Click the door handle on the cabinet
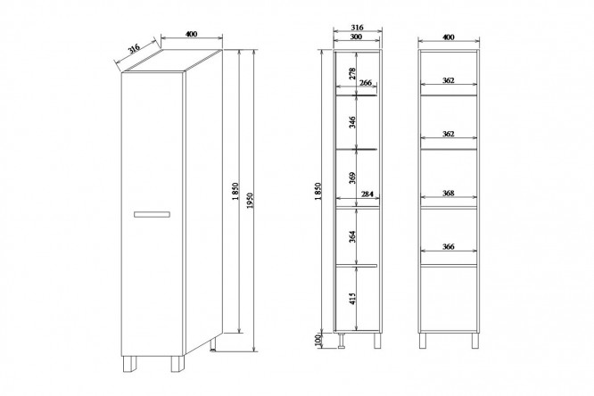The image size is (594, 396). tap(152, 214)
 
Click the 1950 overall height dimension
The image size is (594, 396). tap(250, 201)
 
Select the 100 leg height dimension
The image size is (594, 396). tap(318, 341)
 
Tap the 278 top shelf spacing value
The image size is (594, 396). tap(352, 73)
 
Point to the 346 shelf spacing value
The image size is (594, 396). tap(352, 122)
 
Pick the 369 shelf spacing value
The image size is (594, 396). tap(352, 177)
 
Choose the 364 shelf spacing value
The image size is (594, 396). tap(352, 236)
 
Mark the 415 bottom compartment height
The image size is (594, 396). tap(352, 299)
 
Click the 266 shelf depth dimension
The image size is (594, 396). tap(366, 82)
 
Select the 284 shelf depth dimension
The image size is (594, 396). tap(367, 194)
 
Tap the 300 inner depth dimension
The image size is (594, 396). tap(356, 37)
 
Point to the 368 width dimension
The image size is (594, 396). tap(448, 193)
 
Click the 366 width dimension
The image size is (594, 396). tap(448, 247)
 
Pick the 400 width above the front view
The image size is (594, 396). tap(448, 37)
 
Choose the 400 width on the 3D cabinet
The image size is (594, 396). tap(192, 34)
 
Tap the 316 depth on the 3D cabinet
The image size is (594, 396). tap(134, 48)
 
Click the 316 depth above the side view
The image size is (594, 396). tap(358, 28)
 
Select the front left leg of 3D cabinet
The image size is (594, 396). tap(128, 364)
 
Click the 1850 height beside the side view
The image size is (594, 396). tap(318, 192)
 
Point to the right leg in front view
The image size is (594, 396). tap(475, 341)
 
